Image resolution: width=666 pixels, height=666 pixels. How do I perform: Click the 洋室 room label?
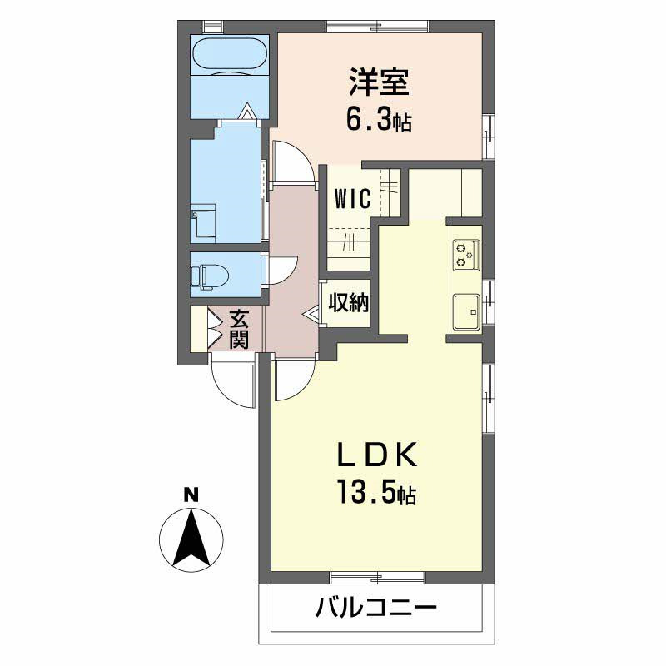pos(379,83)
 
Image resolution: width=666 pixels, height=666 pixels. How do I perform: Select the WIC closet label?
pos(353,201)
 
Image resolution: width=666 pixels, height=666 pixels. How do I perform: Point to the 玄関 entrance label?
pos(239,328)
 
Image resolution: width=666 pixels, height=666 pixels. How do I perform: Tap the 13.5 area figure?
pos(376,495)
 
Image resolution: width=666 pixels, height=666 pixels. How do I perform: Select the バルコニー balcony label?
pos(375,609)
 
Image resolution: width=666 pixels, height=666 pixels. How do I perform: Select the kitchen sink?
pos(465,313)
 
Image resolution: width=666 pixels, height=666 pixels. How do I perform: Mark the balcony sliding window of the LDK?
pos(379,576)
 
